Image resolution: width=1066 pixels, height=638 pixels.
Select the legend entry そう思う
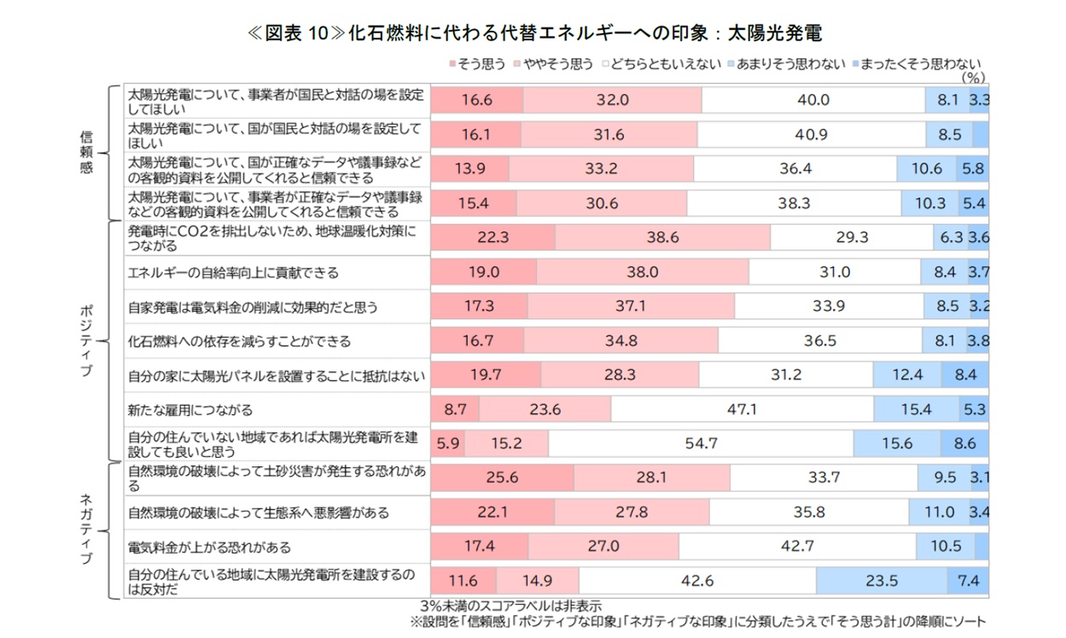pos(478,63)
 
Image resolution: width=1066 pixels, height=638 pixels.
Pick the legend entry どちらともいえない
pos(662,63)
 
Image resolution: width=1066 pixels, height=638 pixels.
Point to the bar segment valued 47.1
pos(742,409)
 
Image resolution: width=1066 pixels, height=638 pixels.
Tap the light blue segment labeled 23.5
pos(882,581)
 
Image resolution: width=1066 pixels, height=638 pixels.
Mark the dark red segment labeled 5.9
pos(448,443)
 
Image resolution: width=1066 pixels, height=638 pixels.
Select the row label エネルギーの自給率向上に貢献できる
pos(233,272)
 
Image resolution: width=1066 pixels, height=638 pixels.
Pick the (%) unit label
pos(973,76)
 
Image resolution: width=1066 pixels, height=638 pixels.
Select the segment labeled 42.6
pos(697,581)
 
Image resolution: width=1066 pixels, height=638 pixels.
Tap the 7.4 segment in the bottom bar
pos(969,581)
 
